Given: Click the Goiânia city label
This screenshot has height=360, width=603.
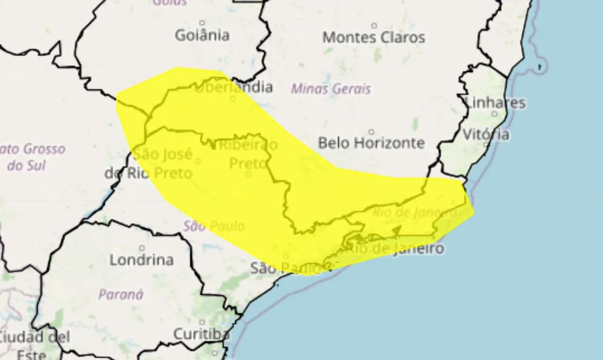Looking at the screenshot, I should [x=202, y=35].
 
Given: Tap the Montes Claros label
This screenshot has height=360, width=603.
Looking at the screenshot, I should [x=374, y=38].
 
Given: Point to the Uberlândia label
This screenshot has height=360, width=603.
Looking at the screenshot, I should [x=234, y=87].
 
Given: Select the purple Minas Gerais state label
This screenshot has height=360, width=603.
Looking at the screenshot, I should [x=331, y=89].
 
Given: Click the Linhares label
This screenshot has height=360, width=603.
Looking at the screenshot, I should [x=495, y=103].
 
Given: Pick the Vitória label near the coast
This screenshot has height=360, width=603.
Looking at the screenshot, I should [x=486, y=135].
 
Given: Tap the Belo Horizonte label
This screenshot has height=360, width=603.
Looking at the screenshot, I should [x=371, y=143].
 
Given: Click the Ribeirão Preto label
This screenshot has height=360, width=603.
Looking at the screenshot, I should [x=248, y=154].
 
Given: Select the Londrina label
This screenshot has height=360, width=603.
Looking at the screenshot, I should [x=141, y=260].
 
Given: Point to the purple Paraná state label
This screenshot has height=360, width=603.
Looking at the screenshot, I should [x=121, y=295].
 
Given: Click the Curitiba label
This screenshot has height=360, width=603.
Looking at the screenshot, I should [x=202, y=334].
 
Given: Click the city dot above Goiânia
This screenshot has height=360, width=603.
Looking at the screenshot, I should [x=202, y=22].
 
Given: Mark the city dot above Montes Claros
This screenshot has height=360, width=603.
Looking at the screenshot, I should [x=374, y=25].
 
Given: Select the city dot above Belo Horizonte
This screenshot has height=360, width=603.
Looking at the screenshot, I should [x=371, y=131].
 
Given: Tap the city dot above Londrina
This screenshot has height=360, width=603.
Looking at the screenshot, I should [x=142, y=248].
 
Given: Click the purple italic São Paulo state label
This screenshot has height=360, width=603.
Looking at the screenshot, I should [x=214, y=226].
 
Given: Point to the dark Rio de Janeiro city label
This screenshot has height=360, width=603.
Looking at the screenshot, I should [x=395, y=248].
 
